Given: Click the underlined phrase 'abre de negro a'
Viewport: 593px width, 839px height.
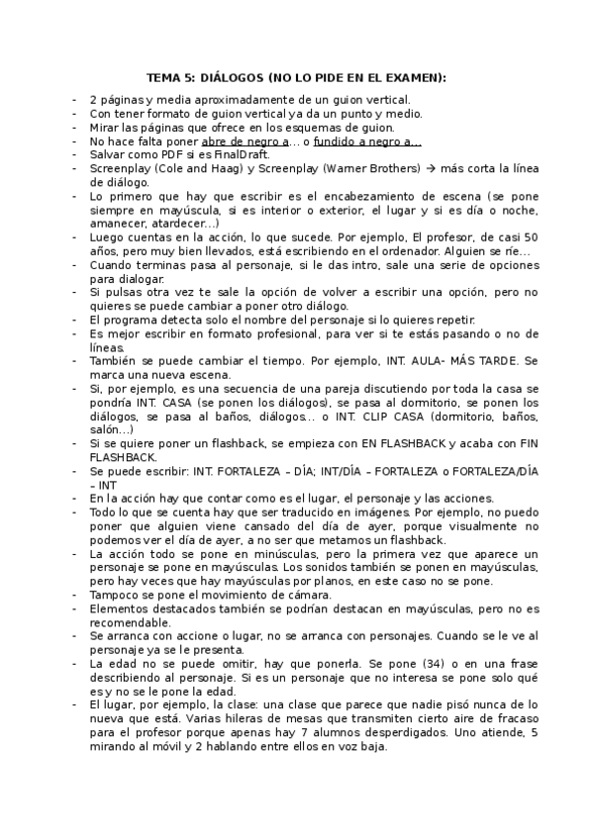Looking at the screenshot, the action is click(x=245, y=141).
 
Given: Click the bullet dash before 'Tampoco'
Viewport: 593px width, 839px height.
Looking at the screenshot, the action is click(x=75, y=594).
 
